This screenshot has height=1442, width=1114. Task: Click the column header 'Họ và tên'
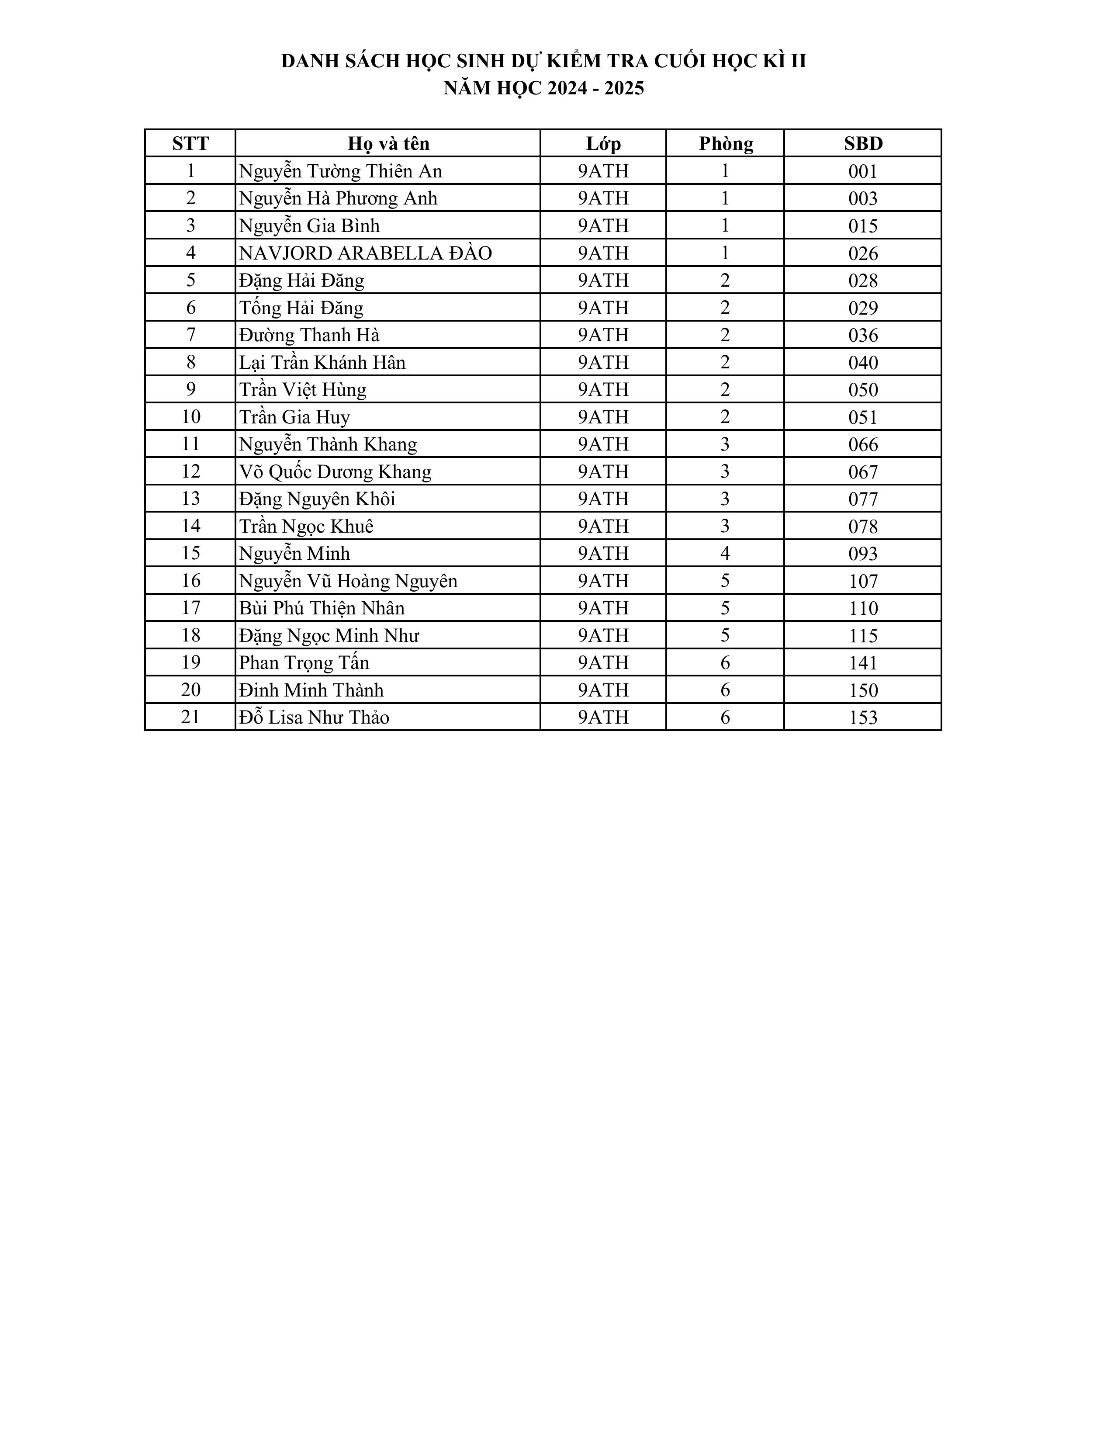pos(388,143)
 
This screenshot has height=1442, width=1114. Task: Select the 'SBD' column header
pos(862,143)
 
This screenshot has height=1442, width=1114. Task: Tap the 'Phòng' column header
pos(725,143)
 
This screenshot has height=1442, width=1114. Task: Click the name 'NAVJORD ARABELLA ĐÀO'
pos(365,253)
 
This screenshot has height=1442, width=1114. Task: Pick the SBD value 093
pos(862,553)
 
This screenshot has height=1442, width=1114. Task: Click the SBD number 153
pos(862,717)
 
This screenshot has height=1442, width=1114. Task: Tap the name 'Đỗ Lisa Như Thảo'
pos(314,717)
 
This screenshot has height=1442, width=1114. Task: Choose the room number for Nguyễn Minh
pos(725,553)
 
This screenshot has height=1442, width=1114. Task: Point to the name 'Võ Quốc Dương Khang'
pos(335,471)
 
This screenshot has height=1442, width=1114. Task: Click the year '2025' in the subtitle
pos(624,88)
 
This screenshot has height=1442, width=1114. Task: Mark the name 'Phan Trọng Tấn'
pos(304,662)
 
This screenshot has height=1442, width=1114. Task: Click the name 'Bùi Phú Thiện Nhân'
pos(322,607)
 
